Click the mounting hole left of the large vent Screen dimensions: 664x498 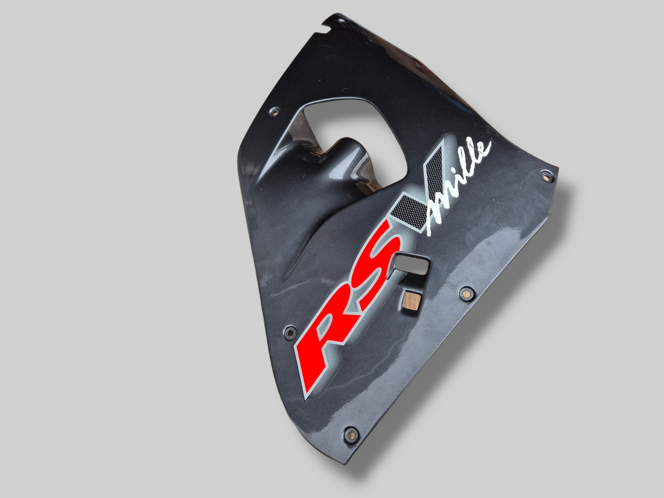275,113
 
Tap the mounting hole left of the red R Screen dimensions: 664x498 290,333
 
